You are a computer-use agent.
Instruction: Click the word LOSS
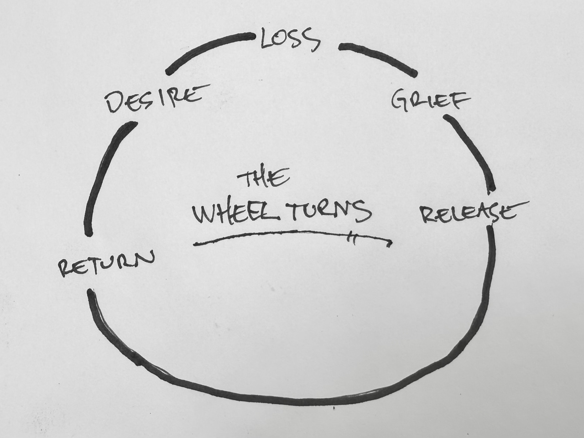pos(290,40)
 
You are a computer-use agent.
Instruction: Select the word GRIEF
pos(424,99)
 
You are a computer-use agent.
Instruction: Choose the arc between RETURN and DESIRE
pos(103,178)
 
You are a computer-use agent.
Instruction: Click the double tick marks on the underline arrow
pos(351,238)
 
